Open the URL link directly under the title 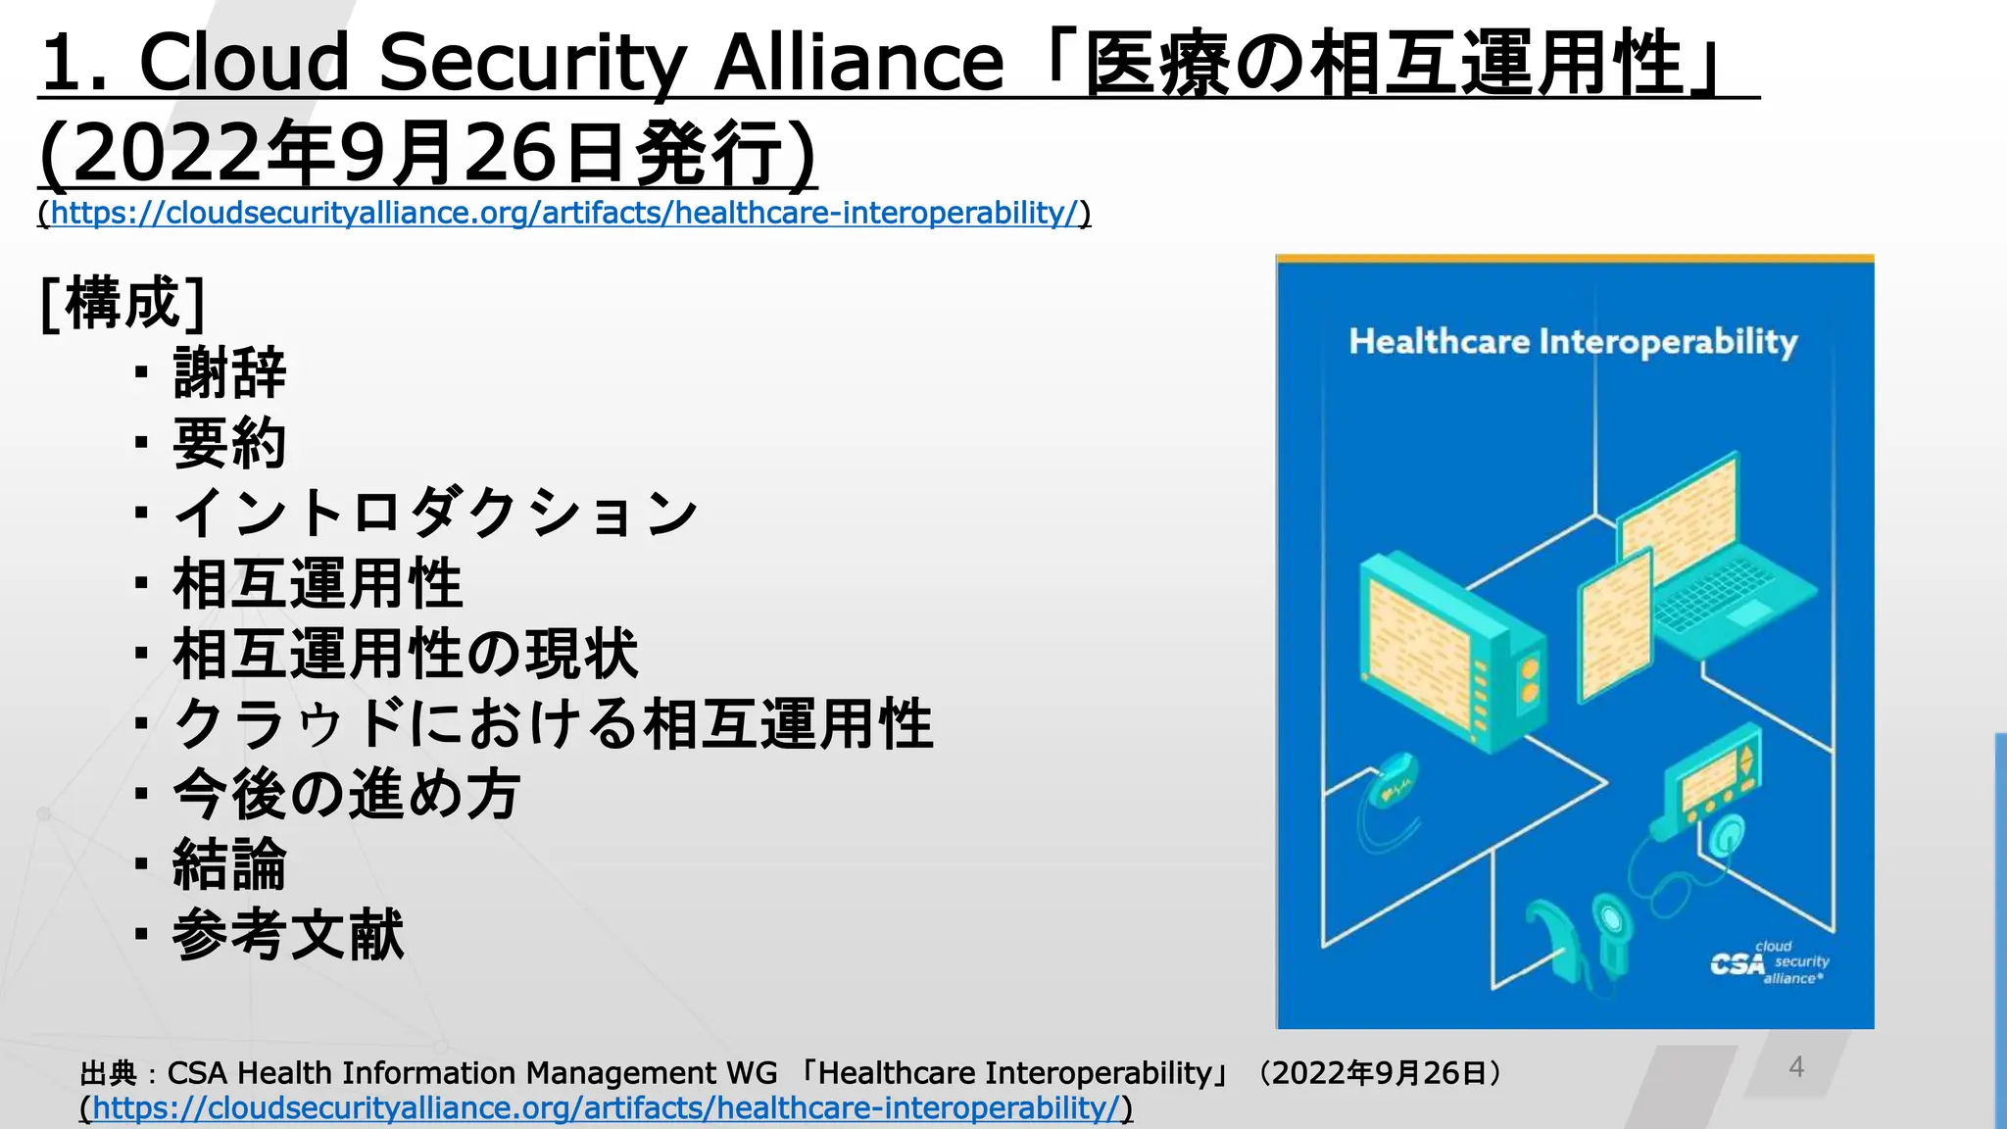[x=564, y=213]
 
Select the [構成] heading [x=123, y=303]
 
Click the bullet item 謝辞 [x=229, y=373]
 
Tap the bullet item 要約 [x=229, y=443]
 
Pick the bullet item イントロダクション [x=435, y=513]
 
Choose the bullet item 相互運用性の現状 [x=405, y=654]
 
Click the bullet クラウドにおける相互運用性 [x=553, y=724]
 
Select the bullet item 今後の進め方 [x=346, y=794]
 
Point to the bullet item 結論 [x=229, y=864]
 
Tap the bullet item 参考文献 [x=288, y=935]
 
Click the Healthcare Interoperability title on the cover [x=1573, y=342]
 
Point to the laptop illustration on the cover [x=1715, y=559]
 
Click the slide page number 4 [x=1796, y=1066]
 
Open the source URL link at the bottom [x=606, y=1108]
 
